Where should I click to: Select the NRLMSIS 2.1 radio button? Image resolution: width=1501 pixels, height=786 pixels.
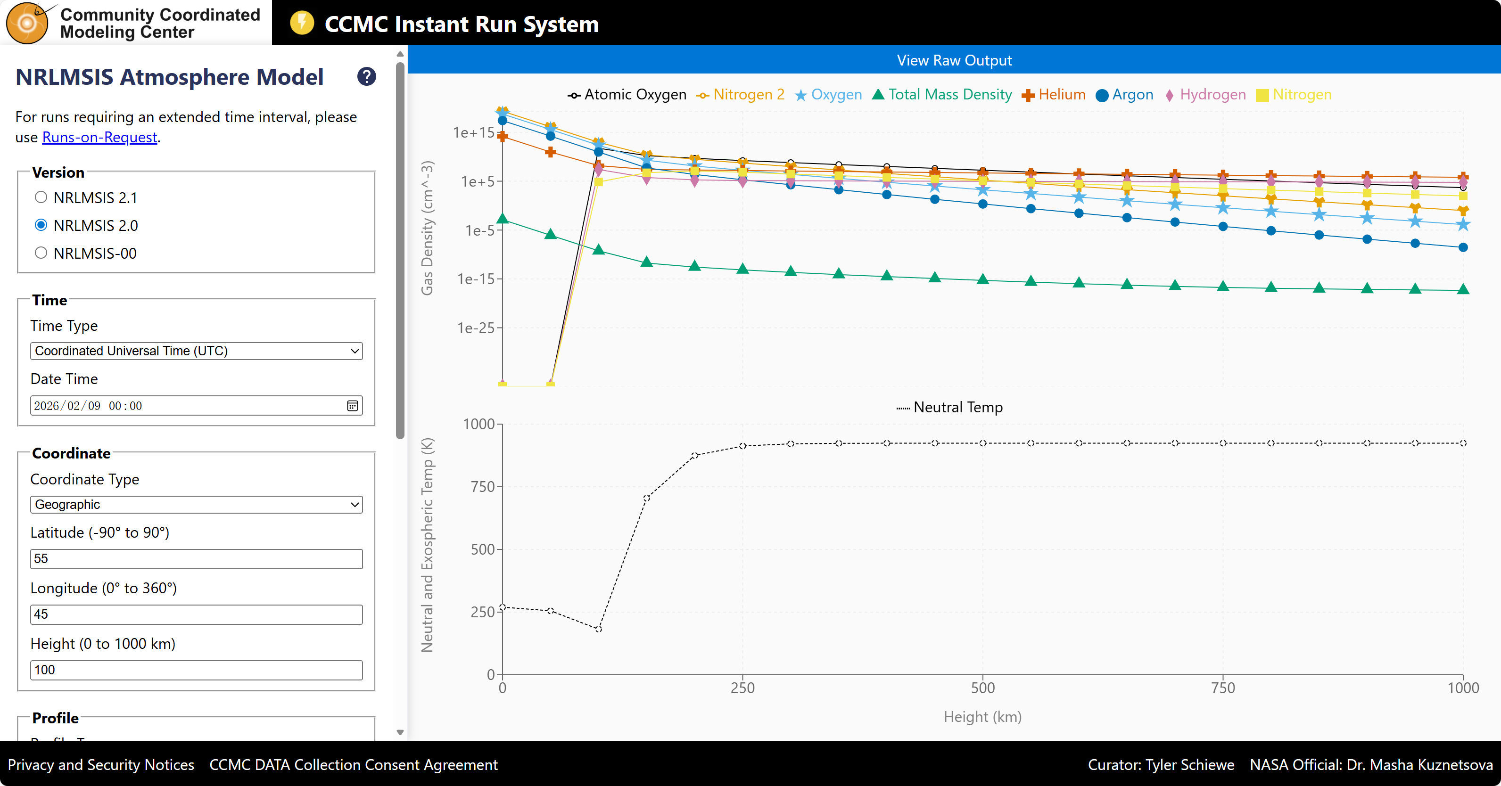41,197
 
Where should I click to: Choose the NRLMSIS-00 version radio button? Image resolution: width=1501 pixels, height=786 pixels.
41,254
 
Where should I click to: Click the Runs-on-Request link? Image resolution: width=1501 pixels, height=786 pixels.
99,138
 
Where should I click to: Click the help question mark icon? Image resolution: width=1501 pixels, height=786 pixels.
366,77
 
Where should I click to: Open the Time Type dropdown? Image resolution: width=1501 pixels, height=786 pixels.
196,351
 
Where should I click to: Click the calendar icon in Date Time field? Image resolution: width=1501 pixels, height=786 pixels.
353,406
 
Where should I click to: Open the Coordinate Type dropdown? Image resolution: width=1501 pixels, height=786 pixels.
196,505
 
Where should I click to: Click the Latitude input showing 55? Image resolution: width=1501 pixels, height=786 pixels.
196,559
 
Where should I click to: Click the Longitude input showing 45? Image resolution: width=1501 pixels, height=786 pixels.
196,614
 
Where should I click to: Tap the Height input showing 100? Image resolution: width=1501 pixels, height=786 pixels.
196,670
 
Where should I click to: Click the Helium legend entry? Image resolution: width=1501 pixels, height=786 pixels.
1054,95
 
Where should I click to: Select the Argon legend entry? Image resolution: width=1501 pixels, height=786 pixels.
1125,95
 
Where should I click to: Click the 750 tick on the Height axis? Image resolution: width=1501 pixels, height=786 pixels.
1222,688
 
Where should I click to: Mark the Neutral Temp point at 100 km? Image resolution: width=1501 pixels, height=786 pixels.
598,629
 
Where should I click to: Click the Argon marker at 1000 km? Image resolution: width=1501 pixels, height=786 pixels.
1462,248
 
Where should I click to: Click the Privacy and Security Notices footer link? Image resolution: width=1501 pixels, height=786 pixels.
101,764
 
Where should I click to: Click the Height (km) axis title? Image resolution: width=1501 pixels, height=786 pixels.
982,717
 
